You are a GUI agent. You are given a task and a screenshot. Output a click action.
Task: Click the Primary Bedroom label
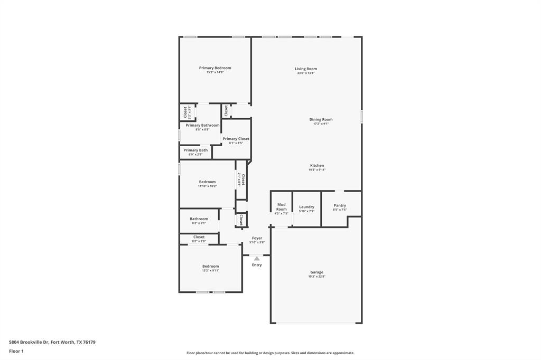(x=215, y=68)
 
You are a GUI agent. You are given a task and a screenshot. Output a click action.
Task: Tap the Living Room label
(x=305, y=69)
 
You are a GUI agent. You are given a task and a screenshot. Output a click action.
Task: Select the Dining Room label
(x=321, y=119)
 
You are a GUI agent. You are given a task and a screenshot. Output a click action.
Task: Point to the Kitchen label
(x=316, y=165)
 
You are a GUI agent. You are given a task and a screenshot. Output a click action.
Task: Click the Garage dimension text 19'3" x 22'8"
(x=316, y=277)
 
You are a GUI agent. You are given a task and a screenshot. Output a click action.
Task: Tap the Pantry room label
(x=340, y=205)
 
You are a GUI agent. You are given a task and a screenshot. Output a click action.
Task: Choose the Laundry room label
(x=306, y=207)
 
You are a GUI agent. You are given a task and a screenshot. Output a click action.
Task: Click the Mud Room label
(x=282, y=206)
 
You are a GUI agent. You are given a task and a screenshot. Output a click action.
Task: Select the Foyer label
(x=257, y=238)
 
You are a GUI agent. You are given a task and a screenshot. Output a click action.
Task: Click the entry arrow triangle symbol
(x=257, y=258)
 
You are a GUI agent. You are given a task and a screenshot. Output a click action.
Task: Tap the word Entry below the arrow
(x=257, y=265)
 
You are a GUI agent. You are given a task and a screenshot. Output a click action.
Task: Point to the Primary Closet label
(x=236, y=139)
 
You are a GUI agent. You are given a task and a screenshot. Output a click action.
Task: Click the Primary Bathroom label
(x=202, y=125)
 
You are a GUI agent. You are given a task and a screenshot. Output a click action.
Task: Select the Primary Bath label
(x=195, y=150)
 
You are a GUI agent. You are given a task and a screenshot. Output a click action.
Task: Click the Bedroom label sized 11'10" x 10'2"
(x=207, y=182)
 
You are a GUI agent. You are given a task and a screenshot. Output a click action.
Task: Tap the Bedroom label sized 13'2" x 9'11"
(x=210, y=266)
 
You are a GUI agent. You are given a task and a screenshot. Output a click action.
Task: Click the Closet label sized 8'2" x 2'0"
(x=199, y=237)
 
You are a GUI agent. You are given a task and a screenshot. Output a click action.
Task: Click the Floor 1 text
(x=16, y=351)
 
